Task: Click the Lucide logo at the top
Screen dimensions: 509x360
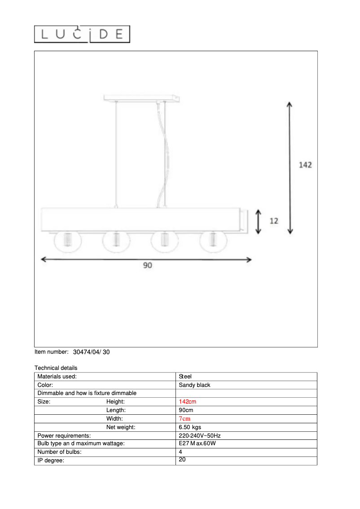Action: tap(82, 34)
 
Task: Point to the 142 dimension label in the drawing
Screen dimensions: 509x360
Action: tap(305, 165)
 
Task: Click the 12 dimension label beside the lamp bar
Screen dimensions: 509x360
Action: tap(274, 221)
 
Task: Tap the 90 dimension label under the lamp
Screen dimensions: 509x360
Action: tap(148, 265)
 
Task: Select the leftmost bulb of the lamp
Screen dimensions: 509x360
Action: tap(68, 241)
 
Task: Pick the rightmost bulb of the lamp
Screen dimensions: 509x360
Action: tap(214, 241)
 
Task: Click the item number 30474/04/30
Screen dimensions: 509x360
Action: tap(91, 352)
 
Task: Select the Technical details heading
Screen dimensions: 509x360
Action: tap(56, 368)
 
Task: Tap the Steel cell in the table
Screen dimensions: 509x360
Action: tap(185, 377)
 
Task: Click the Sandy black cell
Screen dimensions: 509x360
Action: tap(194, 385)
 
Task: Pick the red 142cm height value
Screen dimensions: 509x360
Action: tap(187, 402)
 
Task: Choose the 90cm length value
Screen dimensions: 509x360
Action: tap(186, 410)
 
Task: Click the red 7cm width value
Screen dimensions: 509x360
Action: tap(184, 419)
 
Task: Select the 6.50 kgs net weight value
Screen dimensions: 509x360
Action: tap(190, 427)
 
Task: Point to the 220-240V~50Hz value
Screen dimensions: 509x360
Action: tap(199, 435)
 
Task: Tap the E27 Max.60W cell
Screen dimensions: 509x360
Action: tap(197, 443)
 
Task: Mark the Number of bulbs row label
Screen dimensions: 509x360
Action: tap(59, 452)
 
